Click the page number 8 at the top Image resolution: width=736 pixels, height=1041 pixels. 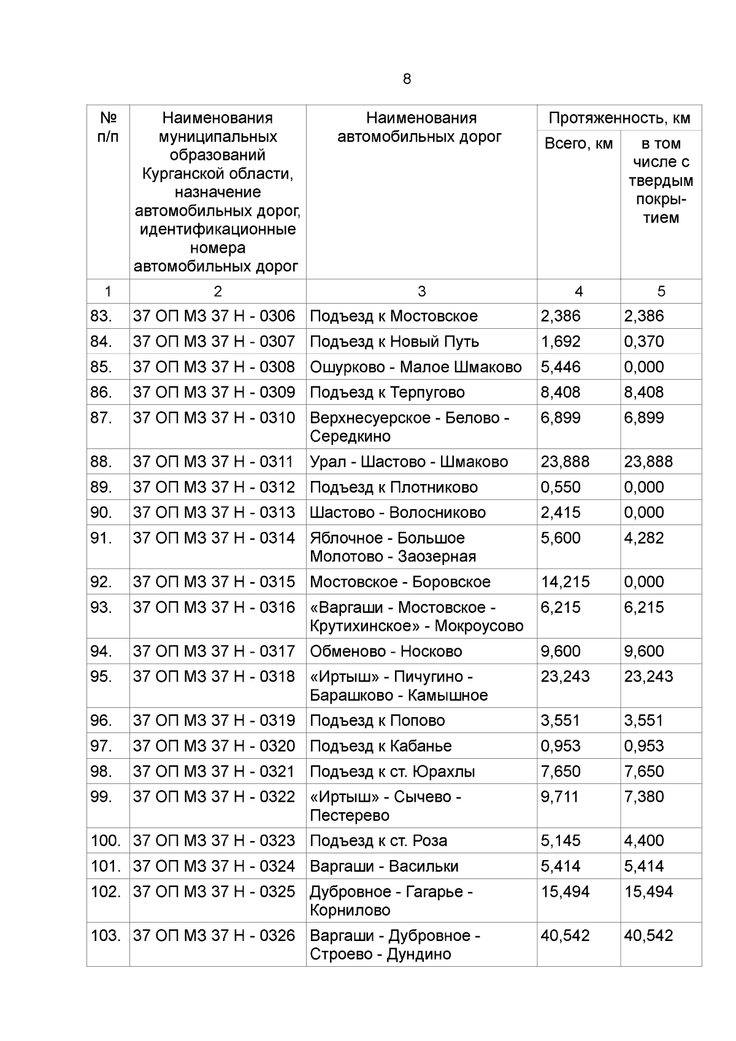pos(407,79)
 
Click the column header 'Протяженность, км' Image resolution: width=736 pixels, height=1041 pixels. pos(619,118)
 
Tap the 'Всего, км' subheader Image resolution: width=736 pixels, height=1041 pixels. pos(578,144)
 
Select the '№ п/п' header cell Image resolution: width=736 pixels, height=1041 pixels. pos(108,127)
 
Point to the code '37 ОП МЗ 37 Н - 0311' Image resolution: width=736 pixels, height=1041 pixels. pos(214,461)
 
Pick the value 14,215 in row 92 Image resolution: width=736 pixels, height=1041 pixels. pos(565,582)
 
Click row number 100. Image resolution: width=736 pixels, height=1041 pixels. pos(106,840)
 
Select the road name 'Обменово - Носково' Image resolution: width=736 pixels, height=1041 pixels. pos(386,651)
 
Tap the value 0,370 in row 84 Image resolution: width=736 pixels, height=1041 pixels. pos(644,341)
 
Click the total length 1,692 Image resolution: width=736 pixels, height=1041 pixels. pos(560,341)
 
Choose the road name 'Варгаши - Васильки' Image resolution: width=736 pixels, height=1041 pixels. pos(384,866)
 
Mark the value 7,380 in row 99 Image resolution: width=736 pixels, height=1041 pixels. pos(644,796)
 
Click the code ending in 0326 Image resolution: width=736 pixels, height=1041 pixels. pos(214,935)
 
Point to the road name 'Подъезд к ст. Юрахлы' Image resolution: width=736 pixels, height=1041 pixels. pos(393,771)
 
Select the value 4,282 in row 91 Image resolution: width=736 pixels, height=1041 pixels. pos(644,537)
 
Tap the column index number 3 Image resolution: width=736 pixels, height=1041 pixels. pos(421,291)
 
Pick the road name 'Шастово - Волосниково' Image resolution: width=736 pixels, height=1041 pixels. pos(397,512)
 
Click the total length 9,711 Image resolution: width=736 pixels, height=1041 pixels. pos(559,796)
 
